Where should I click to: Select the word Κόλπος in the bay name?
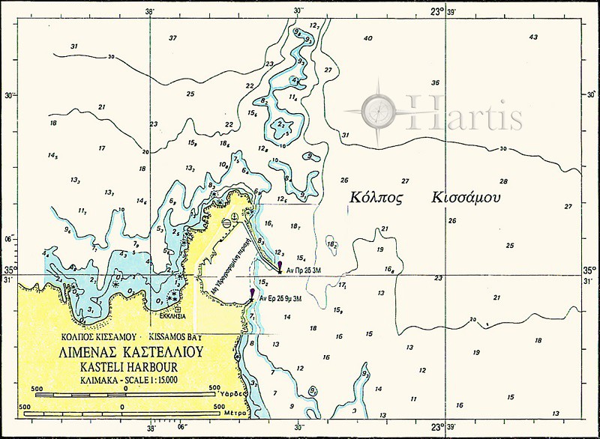[377, 198]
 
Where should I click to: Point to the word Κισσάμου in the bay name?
[466, 198]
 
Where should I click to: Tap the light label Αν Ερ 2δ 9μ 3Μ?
[280, 298]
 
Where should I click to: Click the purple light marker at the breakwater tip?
[280, 265]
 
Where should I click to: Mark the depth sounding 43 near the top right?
[533, 37]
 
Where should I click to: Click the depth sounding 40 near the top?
[367, 38]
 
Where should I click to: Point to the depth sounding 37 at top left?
[172, 37]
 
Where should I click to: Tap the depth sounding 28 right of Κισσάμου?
[503, 181]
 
